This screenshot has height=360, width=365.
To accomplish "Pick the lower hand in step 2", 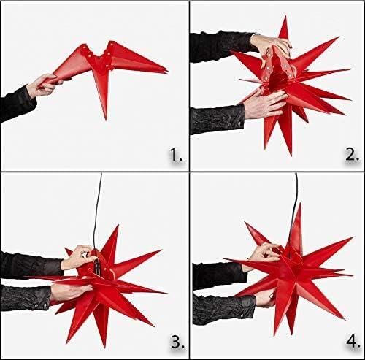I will coord(264,106).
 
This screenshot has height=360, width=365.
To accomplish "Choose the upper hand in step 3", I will coord(77,256).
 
